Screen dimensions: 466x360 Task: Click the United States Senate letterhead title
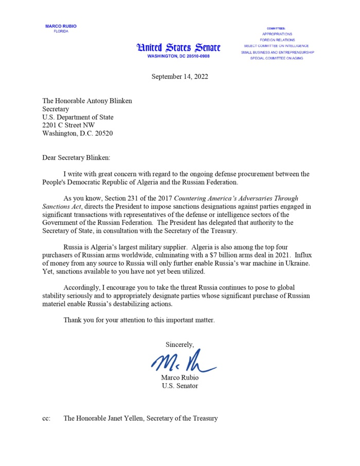point(178,48)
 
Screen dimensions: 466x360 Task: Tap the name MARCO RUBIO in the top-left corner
point(61,26)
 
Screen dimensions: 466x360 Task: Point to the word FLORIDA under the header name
point(61,31)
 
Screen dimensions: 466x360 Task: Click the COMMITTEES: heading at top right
point(277,28)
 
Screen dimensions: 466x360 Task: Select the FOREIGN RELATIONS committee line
point(277,40)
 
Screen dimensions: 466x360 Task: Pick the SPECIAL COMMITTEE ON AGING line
point(277,58)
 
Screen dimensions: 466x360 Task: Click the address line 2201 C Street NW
point(68,125)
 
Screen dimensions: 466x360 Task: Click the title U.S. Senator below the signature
point(180,386)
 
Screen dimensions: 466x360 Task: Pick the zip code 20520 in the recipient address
point(103,133)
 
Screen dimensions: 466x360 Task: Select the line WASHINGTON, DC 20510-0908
point(178,56)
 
